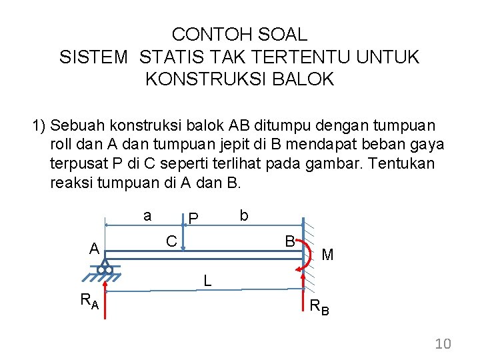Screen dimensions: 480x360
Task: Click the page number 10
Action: [x=443, y=344]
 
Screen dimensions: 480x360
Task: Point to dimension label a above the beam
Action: [x=147, y=215]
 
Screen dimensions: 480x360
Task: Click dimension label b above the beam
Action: [x=244, y=215]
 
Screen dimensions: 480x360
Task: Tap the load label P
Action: [x=193, y=219]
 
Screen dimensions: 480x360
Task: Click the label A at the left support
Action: [x=95, y=249]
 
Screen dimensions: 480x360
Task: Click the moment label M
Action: [x=327, y=254]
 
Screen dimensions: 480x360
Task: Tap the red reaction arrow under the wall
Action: [x=303, y=293]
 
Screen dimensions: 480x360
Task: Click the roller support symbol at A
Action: [x=105, y=269]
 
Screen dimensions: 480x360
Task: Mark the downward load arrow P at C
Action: [x=184, y=233]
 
